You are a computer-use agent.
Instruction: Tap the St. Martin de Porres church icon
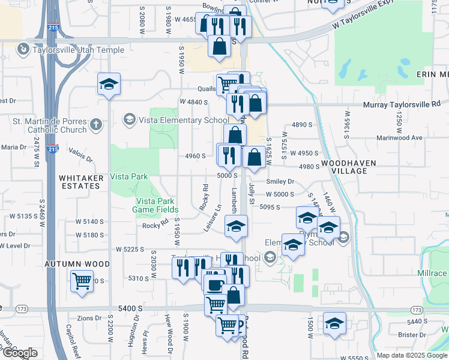(x=95, y=125)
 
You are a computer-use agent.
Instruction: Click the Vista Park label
(x=128, y=177)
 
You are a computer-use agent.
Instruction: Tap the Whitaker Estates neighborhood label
(x=79, y=182)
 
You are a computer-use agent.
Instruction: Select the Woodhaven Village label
(x=352, y=167)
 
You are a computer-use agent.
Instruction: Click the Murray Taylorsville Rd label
(x=402, y=104)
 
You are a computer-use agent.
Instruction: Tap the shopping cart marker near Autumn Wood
(x=82, y=281)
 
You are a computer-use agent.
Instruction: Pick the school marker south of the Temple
(x=109, y=84)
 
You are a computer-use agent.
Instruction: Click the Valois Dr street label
(x=80, y=155)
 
